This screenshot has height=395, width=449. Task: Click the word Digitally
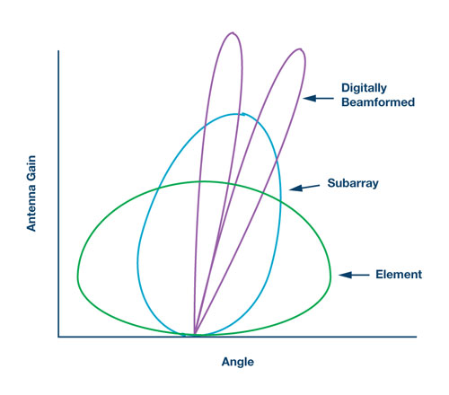(364, 88)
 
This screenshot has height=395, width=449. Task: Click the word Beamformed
(378, 102)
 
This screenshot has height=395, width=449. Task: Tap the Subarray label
(353, 183)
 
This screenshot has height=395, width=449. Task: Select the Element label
(399, 275)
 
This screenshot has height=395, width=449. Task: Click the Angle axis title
(238, 362)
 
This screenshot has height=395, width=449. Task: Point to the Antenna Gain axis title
(31, 193)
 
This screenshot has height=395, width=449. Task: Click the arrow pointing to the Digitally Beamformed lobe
(319, 98)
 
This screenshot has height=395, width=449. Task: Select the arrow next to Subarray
(304, 188)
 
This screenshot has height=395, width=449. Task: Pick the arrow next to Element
(354, 275)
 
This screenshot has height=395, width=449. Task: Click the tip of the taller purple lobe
(233, 32)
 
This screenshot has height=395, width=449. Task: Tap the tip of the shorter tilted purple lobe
(300, 48)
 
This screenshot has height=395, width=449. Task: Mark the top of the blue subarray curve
(237, 114)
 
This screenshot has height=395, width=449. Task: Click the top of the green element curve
(204, 181)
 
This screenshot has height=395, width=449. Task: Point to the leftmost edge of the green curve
(78, 275)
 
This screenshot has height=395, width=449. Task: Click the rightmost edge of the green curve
(330, 275)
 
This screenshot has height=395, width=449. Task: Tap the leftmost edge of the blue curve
(138, 262)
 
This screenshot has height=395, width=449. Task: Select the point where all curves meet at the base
(194, 335)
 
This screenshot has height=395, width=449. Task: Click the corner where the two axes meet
(58, 337)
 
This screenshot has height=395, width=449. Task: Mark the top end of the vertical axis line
(58, 51)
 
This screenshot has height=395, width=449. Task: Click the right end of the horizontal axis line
(417, 337)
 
